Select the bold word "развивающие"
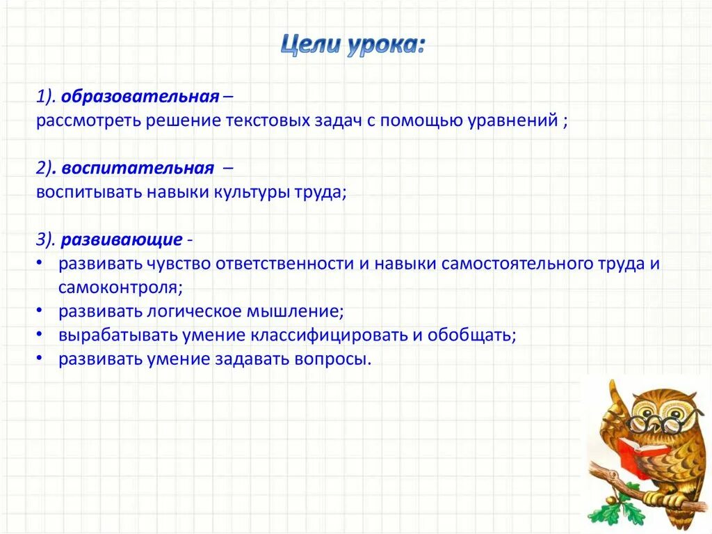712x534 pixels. (122, 240)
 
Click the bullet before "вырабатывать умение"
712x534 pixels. (41, 335)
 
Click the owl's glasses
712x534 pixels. (648, 424)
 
